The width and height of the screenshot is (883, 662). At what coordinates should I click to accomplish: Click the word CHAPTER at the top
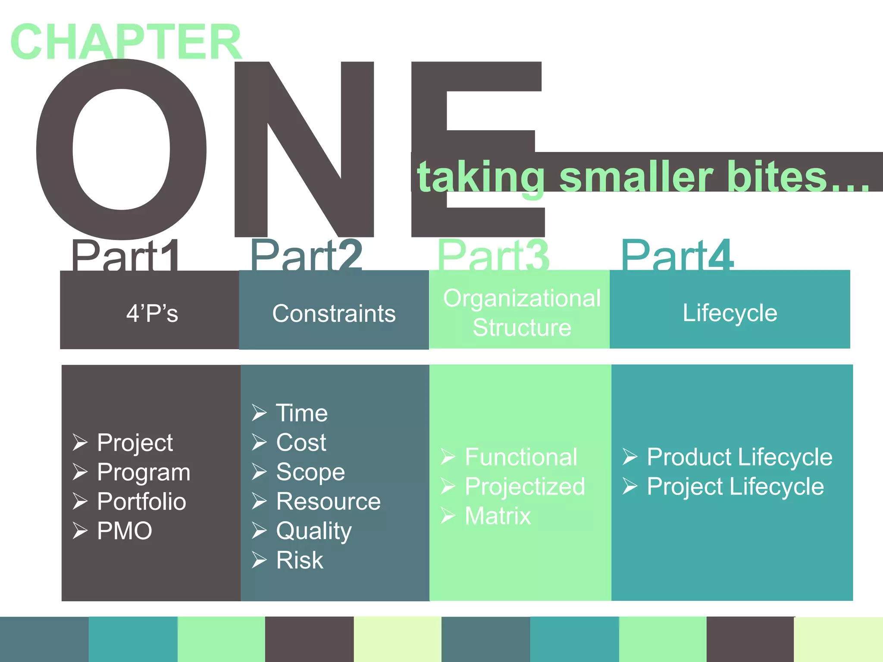(x=126, y=42)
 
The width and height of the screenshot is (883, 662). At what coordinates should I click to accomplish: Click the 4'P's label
(x=152, y=313)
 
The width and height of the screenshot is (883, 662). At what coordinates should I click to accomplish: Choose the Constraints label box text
(x=334, y=313)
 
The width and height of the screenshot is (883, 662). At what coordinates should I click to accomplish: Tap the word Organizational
(x=522, y=298)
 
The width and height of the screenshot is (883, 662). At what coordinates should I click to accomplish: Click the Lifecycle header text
(x=730, y=313)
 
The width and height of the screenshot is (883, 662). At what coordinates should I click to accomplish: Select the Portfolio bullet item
(x=141, y=501)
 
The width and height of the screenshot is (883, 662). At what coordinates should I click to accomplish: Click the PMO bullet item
(x=125, y=531)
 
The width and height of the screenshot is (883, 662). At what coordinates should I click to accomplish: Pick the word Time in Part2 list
(x=302, y=413)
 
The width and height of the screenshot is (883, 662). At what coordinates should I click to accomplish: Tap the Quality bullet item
(x=314, y=531)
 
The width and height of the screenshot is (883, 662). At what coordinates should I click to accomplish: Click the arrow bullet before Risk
(x=259, y=560)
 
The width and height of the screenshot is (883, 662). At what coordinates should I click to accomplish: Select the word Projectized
(x=525, y=486)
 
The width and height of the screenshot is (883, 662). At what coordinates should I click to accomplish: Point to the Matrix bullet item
(x=498, y=516)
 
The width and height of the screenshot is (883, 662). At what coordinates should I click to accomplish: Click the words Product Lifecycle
(x=739, y=457)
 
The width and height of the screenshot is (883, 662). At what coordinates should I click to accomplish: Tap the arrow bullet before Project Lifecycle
(x=629, y=486)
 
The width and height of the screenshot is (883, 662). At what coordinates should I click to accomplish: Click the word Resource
(x=328, y=501)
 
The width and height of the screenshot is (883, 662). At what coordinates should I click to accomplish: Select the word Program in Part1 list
(x=144, y=472)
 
